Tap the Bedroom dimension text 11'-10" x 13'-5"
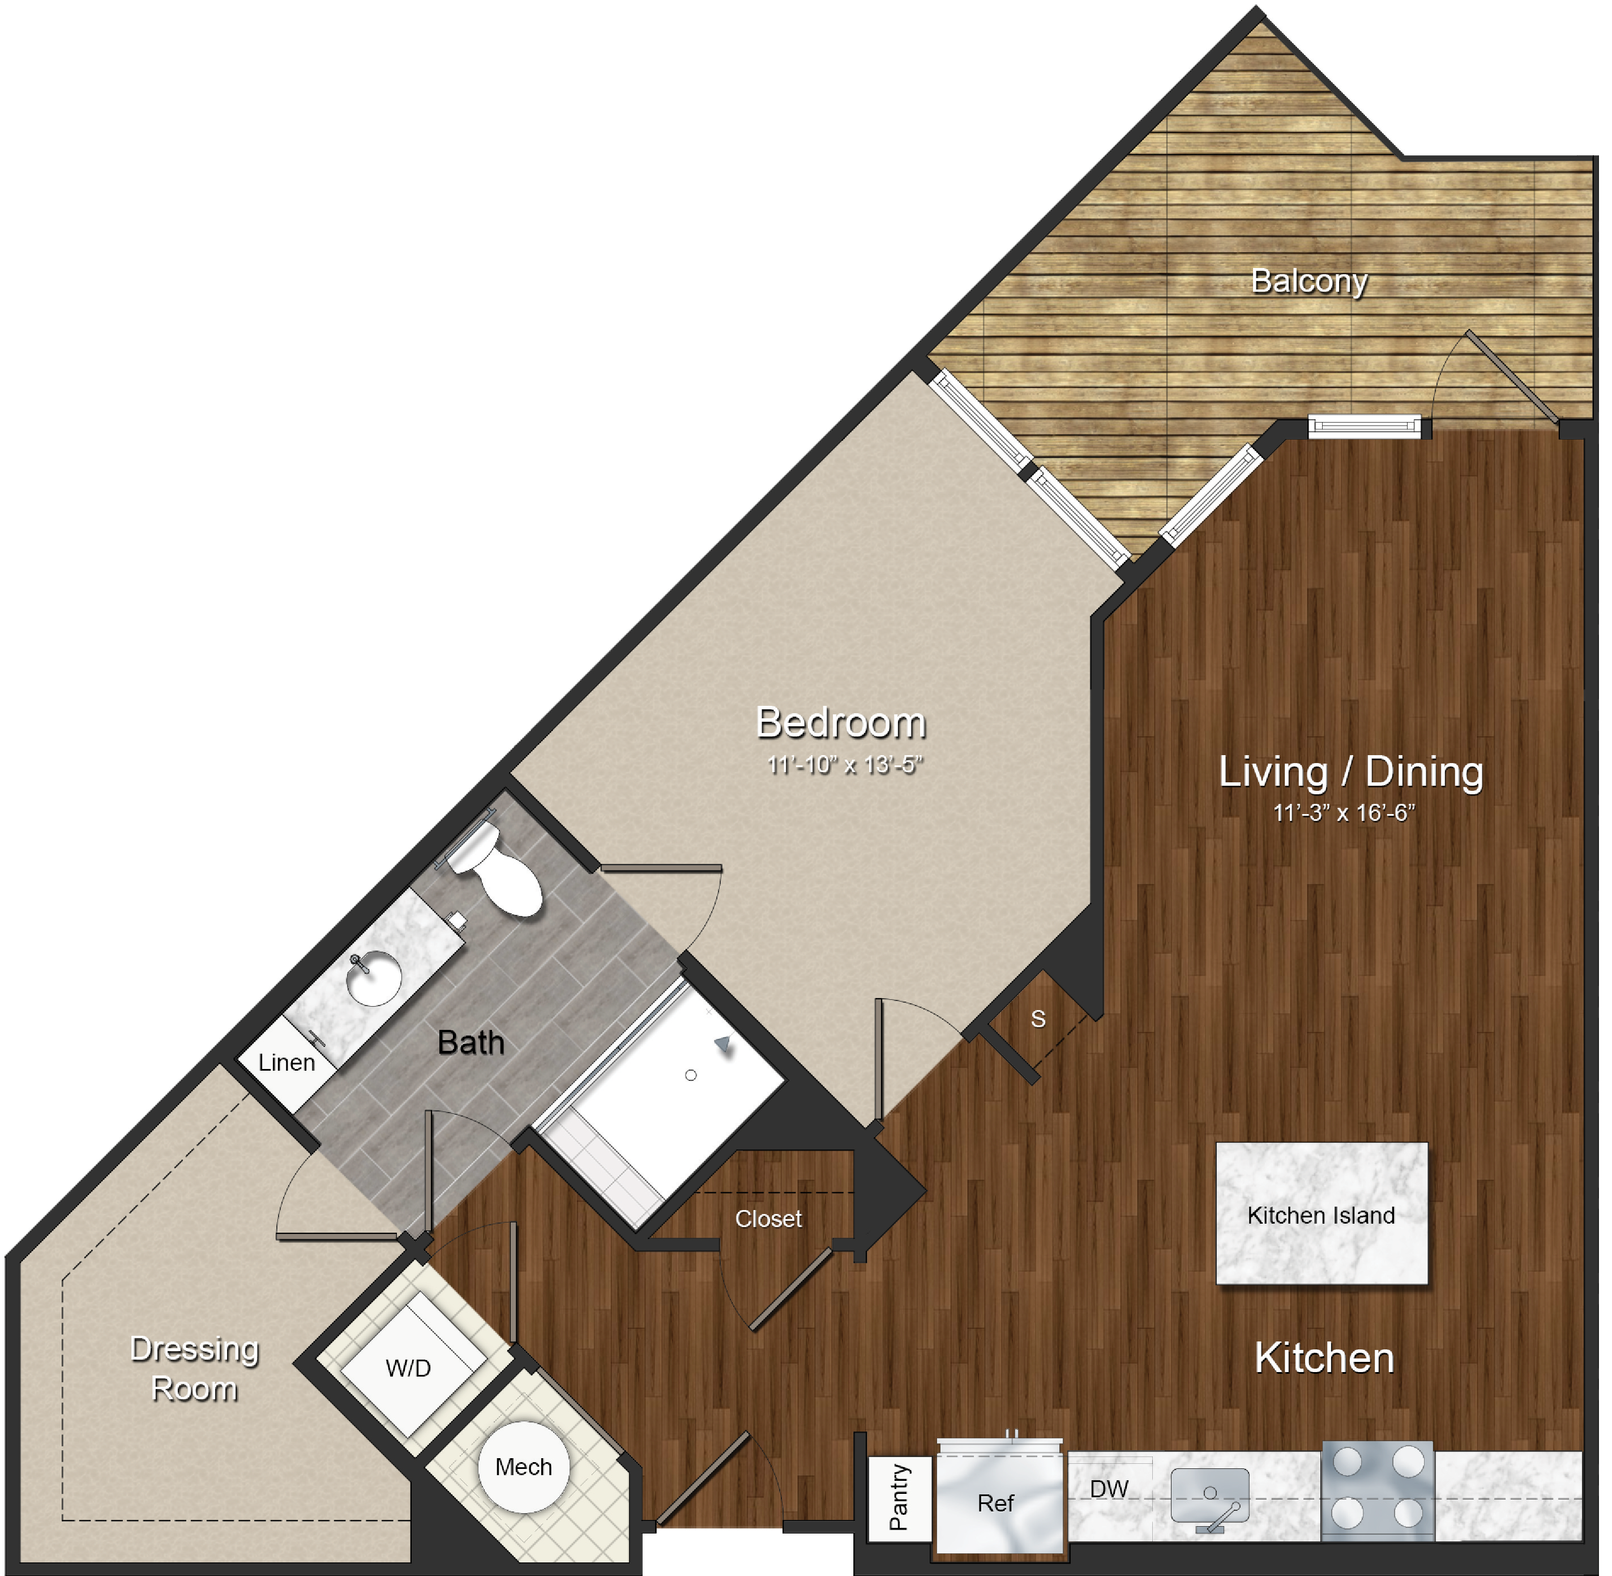point(844,765)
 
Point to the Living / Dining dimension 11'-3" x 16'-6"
point(1344,813)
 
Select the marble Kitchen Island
point(1322,1213)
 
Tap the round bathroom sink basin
point(374,978)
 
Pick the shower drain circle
point(691,1075)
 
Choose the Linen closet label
point(287,1063)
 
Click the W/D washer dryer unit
point(409,1368)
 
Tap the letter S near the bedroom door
point(1038,1019)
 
